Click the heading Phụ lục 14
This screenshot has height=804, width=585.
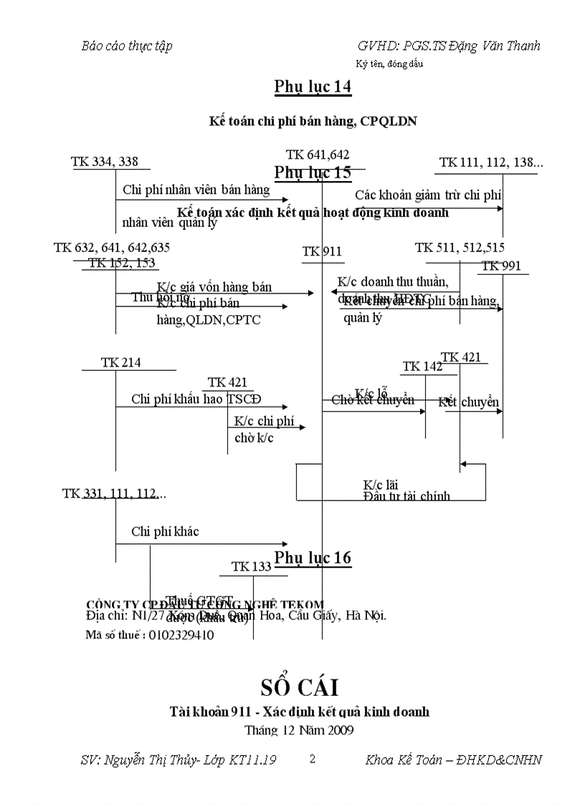point(313,87)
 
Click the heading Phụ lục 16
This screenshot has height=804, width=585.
point(313,558)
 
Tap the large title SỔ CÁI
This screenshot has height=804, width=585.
point(299,687)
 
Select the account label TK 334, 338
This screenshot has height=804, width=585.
point(105,162)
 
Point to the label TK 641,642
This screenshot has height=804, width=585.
point(318,155)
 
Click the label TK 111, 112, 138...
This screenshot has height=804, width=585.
point(491,163)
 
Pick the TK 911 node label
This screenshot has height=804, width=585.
point(322,251)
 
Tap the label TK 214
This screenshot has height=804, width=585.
point(120,363)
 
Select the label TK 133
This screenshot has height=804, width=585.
point(251,567)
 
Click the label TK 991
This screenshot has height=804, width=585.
point(501,266)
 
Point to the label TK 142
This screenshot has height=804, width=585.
point(422,367)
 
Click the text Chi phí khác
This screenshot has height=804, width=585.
point(165,531)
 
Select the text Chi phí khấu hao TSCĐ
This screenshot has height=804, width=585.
point(196,399)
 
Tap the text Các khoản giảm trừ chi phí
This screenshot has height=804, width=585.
point(428,195)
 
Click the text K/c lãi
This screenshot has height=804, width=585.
point(381,484)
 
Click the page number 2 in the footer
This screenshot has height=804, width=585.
point(312,759)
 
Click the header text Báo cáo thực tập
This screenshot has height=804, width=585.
point(127,46)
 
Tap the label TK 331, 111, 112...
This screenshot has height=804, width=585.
point(114,493)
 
